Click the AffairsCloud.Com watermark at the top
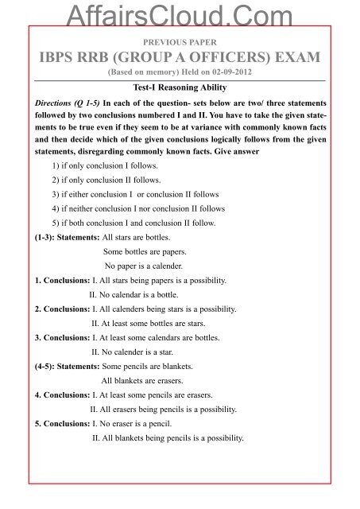[179, 10]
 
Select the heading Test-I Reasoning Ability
[179, 88]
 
